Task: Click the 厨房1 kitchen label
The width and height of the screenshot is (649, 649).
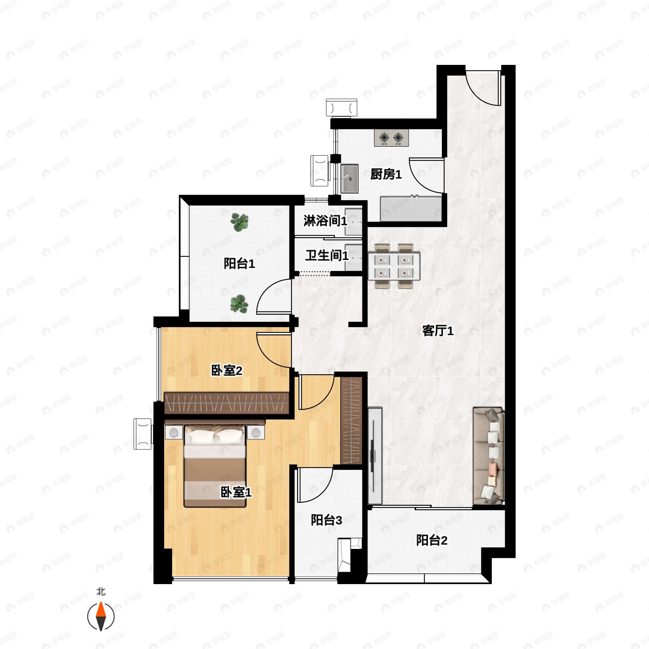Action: point(386,174)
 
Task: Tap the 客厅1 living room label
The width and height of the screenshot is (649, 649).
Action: point(438,331)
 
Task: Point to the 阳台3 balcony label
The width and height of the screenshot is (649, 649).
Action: point(326,520)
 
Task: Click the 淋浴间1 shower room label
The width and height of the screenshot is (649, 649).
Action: point(325,221)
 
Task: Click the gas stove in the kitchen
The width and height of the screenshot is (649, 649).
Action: point(391,138)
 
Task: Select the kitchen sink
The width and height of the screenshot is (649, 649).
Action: point(349,178)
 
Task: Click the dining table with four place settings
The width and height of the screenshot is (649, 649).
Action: point(394,266)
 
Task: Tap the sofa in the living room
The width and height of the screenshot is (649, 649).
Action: point(488,456)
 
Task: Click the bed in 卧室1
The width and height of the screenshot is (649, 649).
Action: point(215,466)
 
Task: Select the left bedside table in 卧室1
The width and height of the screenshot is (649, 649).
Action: point(174,432)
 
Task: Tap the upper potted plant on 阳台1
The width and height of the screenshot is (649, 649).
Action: point(240,222)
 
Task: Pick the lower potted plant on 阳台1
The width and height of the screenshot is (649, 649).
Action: point(239,303)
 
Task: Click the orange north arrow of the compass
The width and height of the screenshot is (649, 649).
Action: point(101,611)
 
